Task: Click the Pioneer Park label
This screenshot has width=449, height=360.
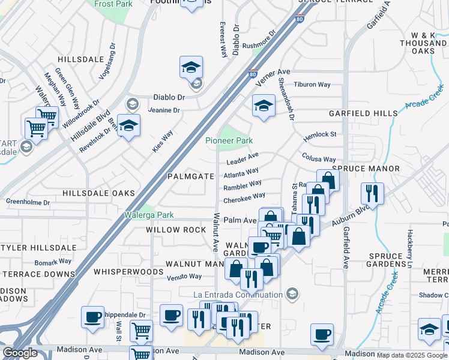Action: [229, 140]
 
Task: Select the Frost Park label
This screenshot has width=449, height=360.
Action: [113, 4]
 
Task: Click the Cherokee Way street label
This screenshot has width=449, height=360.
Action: [244, 197]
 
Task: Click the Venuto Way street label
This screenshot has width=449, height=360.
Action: [184, 277]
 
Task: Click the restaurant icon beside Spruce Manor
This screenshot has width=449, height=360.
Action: [372, 193]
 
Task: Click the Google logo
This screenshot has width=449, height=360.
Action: [20, 353]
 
